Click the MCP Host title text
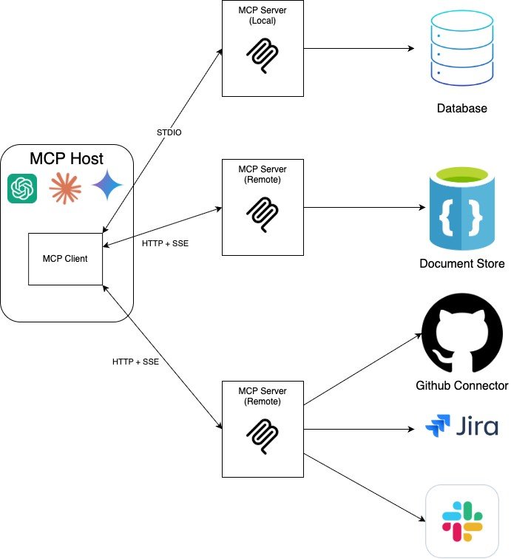[67, 158]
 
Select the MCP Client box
[65, 259]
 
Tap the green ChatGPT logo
[22, 189]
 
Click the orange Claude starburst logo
[64, 189]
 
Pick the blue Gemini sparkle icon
[106, 186]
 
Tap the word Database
[461, 109]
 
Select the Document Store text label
[461, 264]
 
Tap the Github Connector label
[461, 386]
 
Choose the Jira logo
[461, 427]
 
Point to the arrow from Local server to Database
[359, 49]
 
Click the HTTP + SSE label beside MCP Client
[164, 243]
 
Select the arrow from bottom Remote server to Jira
[359, 429]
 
